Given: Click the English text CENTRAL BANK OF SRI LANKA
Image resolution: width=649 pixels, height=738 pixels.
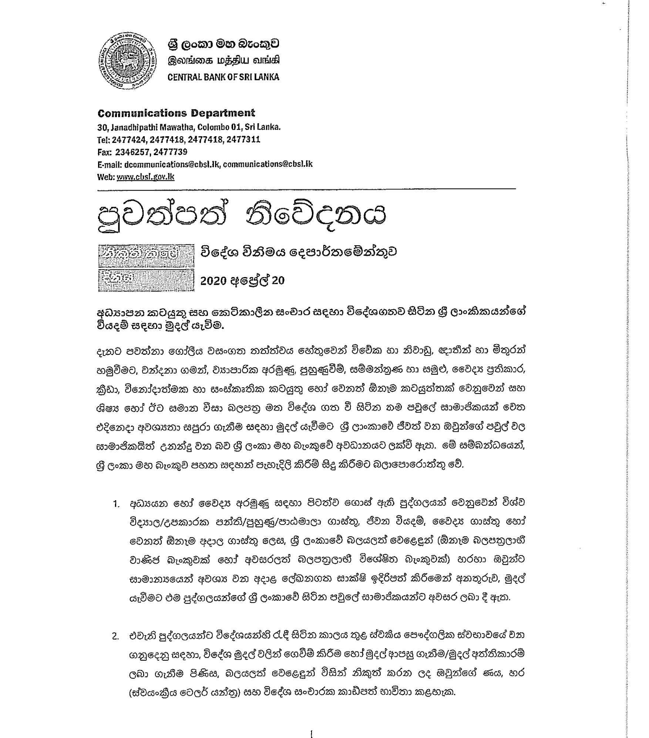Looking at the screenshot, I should click(223, 77).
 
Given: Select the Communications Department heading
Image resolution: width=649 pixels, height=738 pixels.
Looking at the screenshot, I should click(176, 113).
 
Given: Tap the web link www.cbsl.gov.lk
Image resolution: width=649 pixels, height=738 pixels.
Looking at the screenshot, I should click(145, 177).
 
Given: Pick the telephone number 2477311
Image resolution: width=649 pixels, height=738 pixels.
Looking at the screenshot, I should click(243, 139).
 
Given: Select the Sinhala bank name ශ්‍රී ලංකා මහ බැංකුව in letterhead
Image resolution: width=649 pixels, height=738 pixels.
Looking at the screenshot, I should click(223, 44).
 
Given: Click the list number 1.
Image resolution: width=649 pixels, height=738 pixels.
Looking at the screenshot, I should click(116, 504).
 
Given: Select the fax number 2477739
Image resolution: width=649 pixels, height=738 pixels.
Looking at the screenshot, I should click(170, 152).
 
